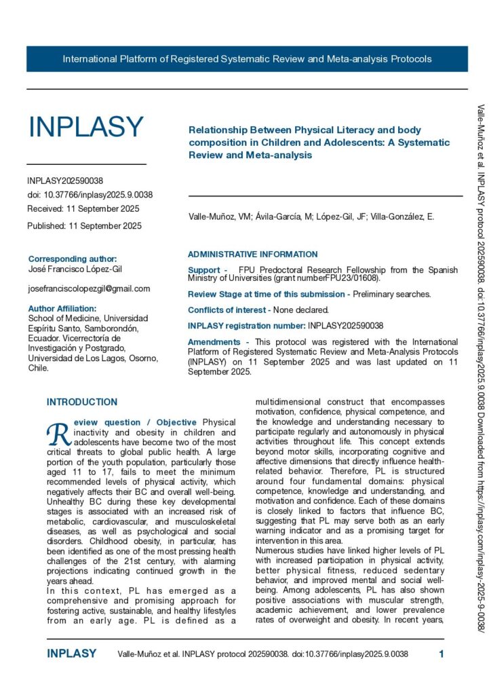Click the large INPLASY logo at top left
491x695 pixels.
coord(85,128)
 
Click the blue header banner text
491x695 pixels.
coord(247,59)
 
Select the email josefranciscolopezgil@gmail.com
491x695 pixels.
coord(89,288)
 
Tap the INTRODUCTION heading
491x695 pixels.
coord(82,402)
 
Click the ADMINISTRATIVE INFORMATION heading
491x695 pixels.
coord(252,255)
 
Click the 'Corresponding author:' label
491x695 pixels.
coord(73,259)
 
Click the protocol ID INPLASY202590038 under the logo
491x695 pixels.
coord(65,181)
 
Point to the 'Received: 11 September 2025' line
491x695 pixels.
coord(83,209)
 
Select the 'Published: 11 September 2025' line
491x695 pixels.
coord(85,226)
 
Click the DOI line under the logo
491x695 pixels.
coord(90,195)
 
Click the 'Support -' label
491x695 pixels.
coord(208,270)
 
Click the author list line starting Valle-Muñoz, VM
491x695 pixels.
coord(311,217)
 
